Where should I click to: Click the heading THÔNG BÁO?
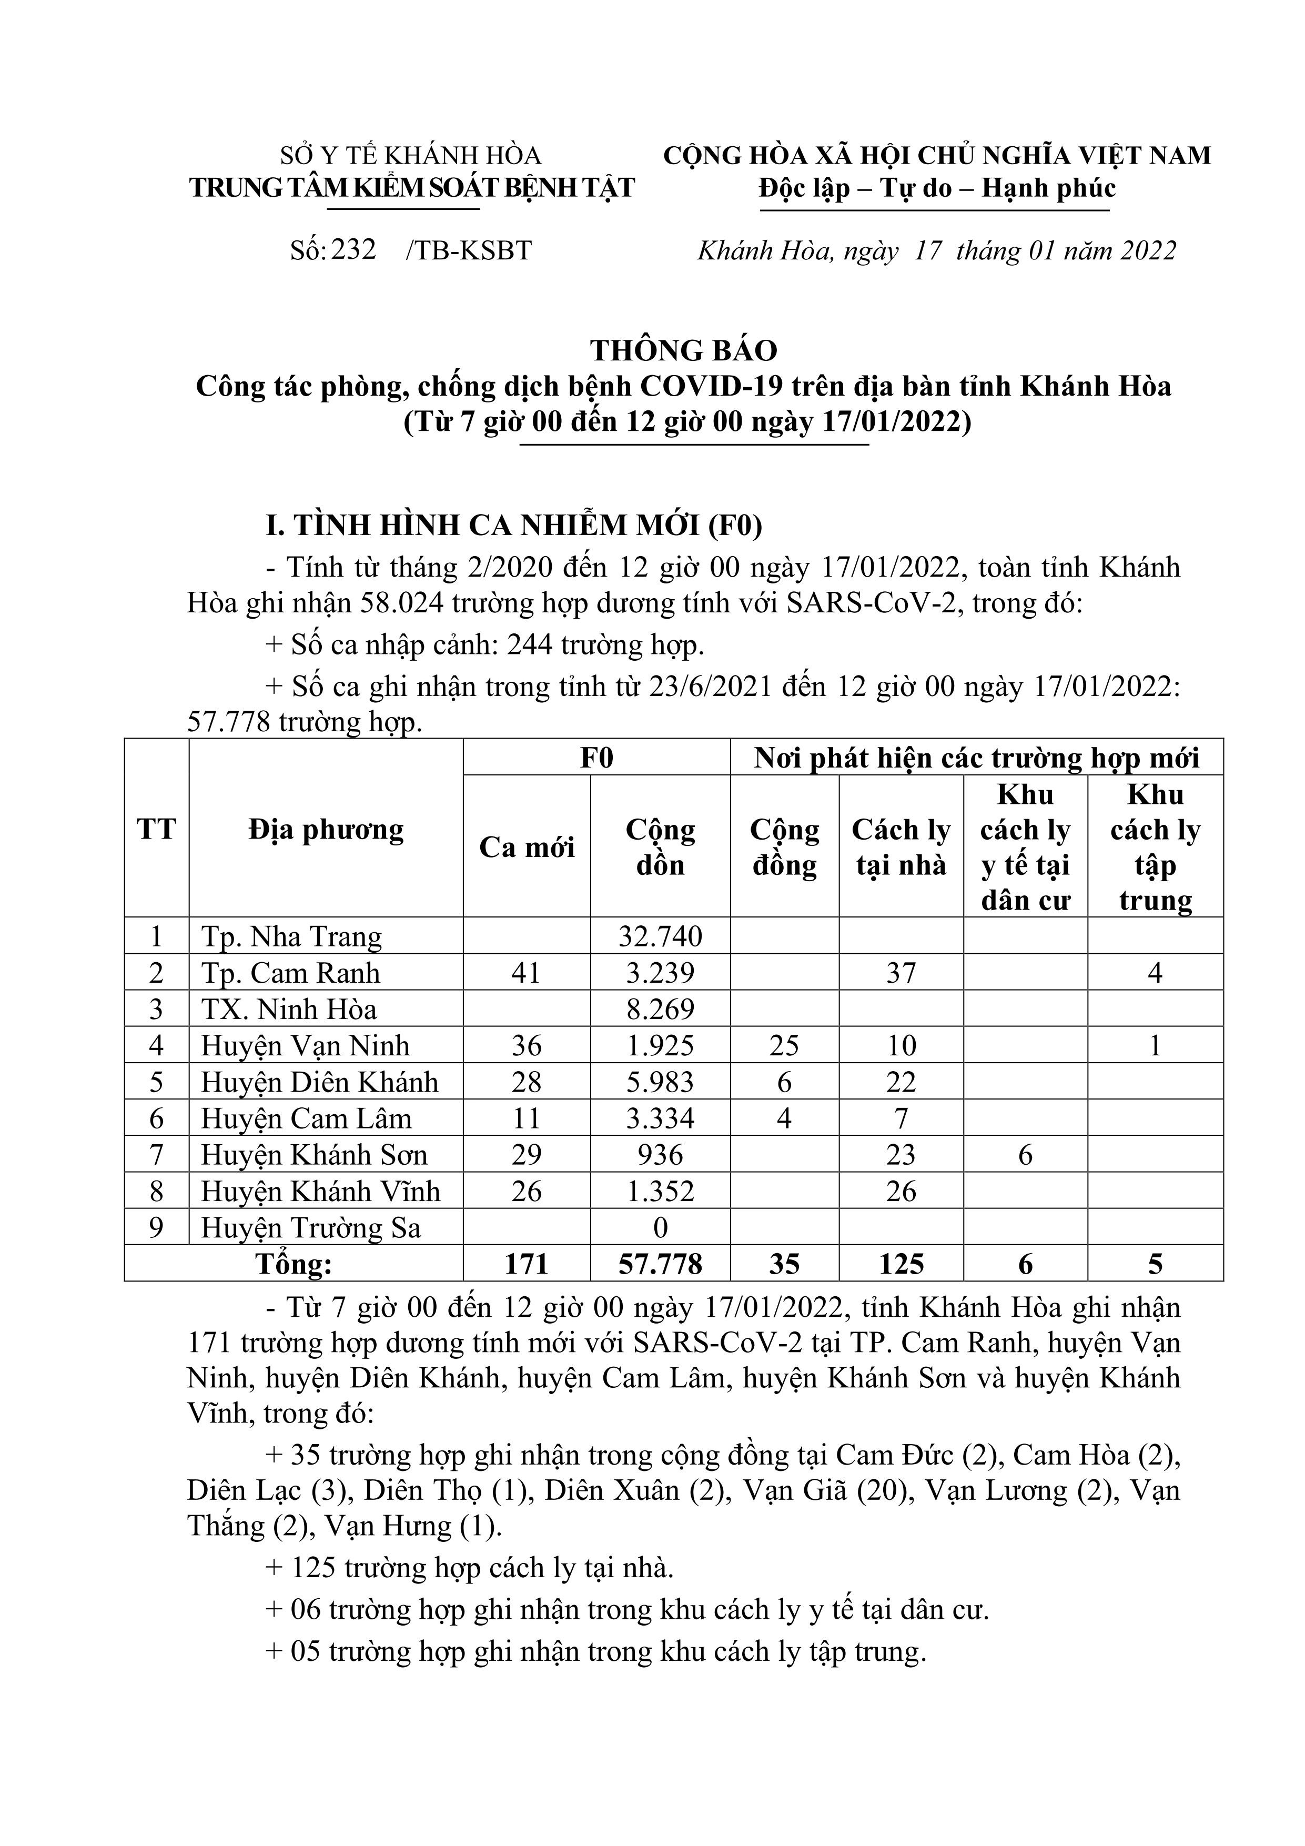(x=684, y=350)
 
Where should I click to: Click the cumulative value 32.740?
(x=660, y=936)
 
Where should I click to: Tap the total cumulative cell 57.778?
(x=660, y=1265)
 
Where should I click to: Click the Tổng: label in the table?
(x=294, y=1265)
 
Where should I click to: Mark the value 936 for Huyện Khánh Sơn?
(x=660, y=1155)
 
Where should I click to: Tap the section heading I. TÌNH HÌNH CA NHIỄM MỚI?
(x=514, y=525)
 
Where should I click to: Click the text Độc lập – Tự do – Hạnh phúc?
(x=937, y=188)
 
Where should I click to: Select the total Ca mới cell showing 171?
(x=527, y=1265)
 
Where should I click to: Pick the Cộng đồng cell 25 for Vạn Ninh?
(x=784, y=1046)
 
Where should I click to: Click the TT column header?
(x=156, y=829)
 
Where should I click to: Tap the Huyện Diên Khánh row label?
(x=319, y=1082)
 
